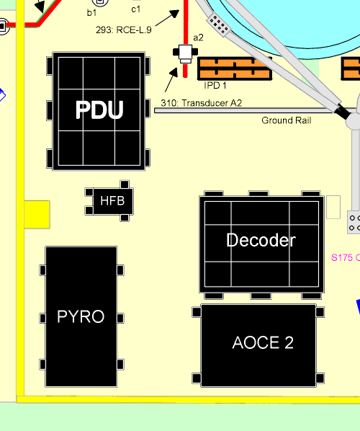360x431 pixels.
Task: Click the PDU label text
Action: (x=99, y=110)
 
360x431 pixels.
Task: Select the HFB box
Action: (x=113, y=201)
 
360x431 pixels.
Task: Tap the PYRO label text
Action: (x=81, y=316)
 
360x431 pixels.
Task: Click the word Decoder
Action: (x=261, y=240)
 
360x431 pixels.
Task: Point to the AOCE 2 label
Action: (x=263, y=342)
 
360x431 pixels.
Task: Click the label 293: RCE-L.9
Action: (x=124, y=30)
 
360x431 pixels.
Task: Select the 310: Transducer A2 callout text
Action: (x=202, y=103)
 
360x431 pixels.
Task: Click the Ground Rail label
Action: (x=287, y=120)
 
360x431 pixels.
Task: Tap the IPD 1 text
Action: (x=215, y=86)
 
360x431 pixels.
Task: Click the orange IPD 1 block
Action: (x=235, y=68)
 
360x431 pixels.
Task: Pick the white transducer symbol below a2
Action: (x=185, y=53)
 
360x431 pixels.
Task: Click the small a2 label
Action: (x=198, y=37)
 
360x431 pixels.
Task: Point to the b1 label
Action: (x=91, y=13)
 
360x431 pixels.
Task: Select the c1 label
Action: (x=136, y=9)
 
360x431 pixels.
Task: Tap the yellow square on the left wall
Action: (x=37, y=214)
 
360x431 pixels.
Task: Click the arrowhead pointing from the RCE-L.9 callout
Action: (x=175, y=13)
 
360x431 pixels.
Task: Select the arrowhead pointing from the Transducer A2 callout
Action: (x=174, y=73)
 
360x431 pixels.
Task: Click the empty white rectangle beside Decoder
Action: (x=333, y=208)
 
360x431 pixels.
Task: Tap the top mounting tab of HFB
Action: (x=125, y=185)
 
